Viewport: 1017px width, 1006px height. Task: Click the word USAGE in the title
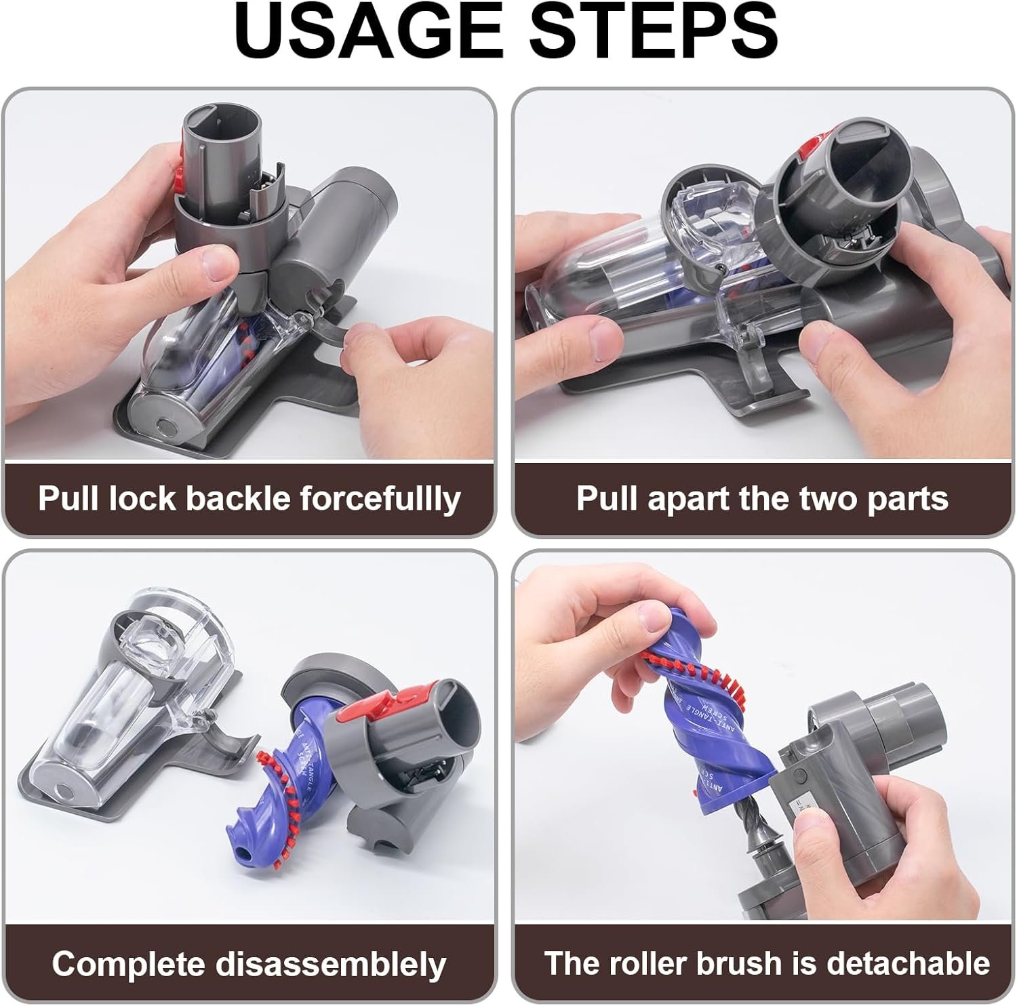(x=370, y=33)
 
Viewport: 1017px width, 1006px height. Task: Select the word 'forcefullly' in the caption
(x=380, y=500)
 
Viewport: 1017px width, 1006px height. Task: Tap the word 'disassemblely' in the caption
(x=331, y=963)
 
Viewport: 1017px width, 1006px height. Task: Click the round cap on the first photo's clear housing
(x=163, y=426)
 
